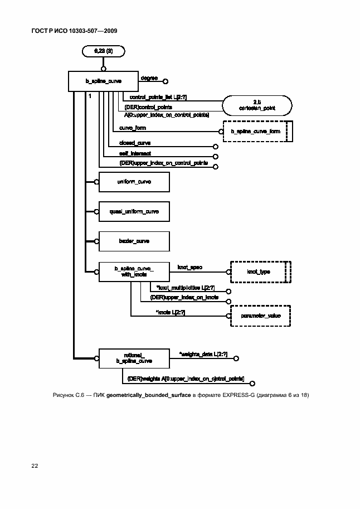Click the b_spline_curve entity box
point(103,81)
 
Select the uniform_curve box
point(134,182)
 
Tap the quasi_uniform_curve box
point(134,212)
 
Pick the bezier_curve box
point(134,241)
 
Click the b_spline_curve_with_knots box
point(134,272)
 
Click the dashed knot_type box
point(258,272)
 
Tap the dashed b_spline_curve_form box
point(256,132)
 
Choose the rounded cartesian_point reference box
point(256,104)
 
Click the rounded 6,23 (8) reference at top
point(103,51)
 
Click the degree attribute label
point(149,77)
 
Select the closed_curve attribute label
point(135,143)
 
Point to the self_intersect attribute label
point(135,153)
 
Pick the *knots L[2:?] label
point(171,312)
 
